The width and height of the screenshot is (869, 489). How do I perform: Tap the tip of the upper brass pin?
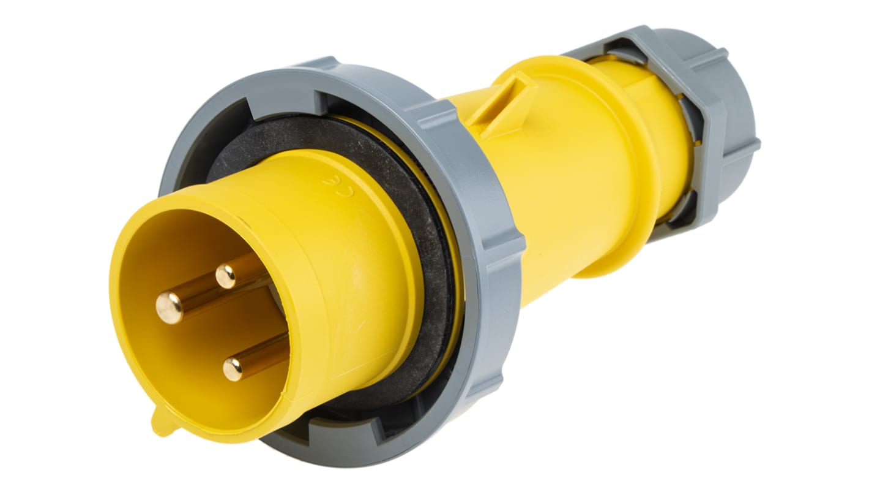point(226,276)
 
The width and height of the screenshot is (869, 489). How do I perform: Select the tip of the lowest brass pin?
point(233,369)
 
